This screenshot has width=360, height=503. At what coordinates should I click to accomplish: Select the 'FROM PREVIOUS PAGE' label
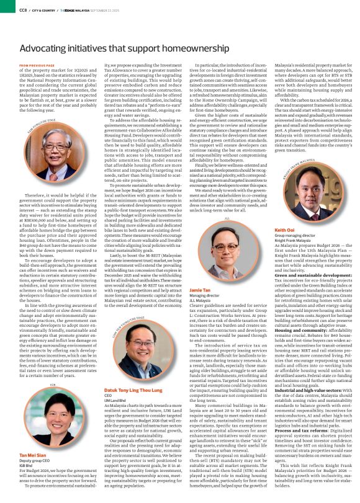(x=37, y=65)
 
